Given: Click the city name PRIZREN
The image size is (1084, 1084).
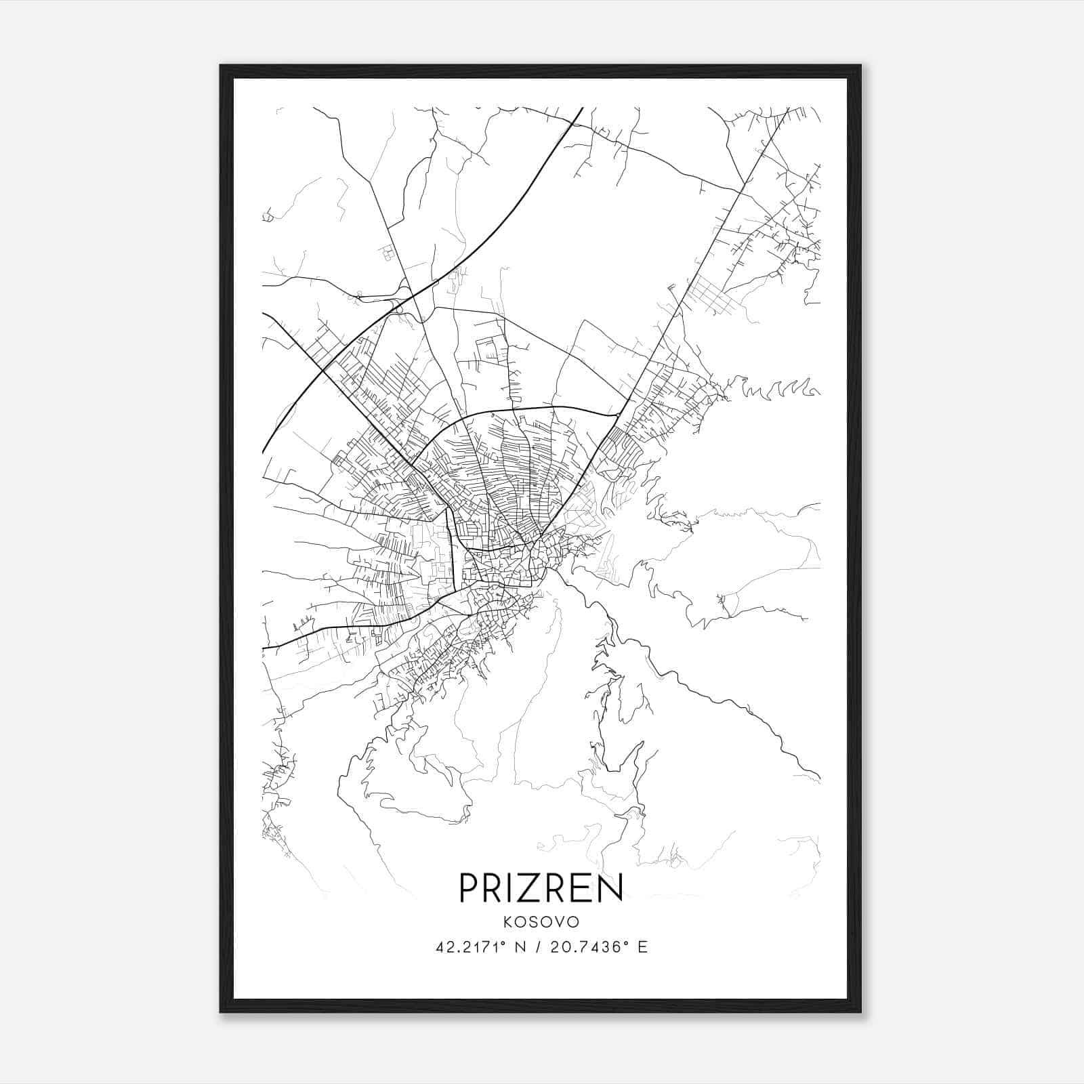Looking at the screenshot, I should tap(541, 888).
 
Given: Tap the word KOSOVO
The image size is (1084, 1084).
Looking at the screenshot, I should tap(541, 923).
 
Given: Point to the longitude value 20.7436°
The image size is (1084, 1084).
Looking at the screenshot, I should tap(589, 947).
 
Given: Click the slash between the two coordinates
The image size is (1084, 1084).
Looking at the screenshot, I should tap(537, 947).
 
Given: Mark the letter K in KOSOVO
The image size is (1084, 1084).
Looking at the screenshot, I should tap(507, 923).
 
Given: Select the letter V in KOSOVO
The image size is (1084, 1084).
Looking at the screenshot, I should tap(560, 923).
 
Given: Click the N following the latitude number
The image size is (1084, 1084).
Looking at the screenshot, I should tap(520, 947).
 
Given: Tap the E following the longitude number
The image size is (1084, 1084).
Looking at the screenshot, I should tap(642, 947).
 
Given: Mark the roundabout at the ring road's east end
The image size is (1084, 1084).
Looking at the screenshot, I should tap(618, 414).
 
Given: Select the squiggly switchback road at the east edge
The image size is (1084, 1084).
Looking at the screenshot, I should tap(779, 389).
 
